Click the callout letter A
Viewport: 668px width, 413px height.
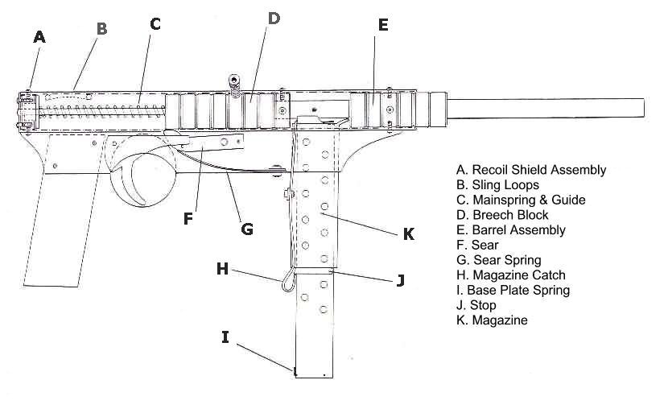click(x=39, y=36)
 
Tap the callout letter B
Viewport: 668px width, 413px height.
click(x=101, y=29)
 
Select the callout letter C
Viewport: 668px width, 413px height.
click(x=155, y=24)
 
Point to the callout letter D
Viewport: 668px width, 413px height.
click(x=274, y=18)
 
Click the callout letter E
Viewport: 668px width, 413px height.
click(x=383, y=24)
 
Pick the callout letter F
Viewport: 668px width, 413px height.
click(x=188, y=217)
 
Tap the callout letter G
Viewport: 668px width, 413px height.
click(x=247, y=229)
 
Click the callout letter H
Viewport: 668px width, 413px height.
click(x=222, y=269)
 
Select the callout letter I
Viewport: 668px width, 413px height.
click(x=226, y=337)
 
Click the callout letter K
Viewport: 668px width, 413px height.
click(x=408, y=233)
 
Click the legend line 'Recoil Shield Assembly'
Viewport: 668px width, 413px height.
click(x=530, y=170)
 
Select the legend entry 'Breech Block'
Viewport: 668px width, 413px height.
click(x=502, y=215)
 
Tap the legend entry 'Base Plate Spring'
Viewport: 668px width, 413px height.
click(x=513, y=290)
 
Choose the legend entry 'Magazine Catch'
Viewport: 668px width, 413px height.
click(x=511, y=275)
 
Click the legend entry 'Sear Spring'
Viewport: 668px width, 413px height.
click(x=498, y=260)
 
